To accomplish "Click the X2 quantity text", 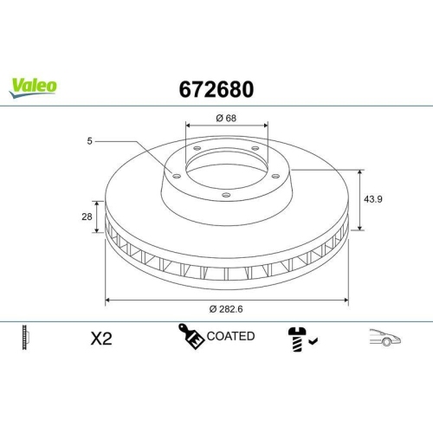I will click(x=101, y=339).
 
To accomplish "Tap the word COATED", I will click(x=230, y=336).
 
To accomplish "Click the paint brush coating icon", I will click(x=191, y=336).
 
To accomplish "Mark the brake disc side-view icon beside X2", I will click(x=25, y=339).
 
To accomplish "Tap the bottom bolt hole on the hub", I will click(x=225, y=195).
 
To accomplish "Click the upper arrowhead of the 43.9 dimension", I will click(x=359, y=171).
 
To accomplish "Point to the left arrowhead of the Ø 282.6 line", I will click(x=107, y=300).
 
